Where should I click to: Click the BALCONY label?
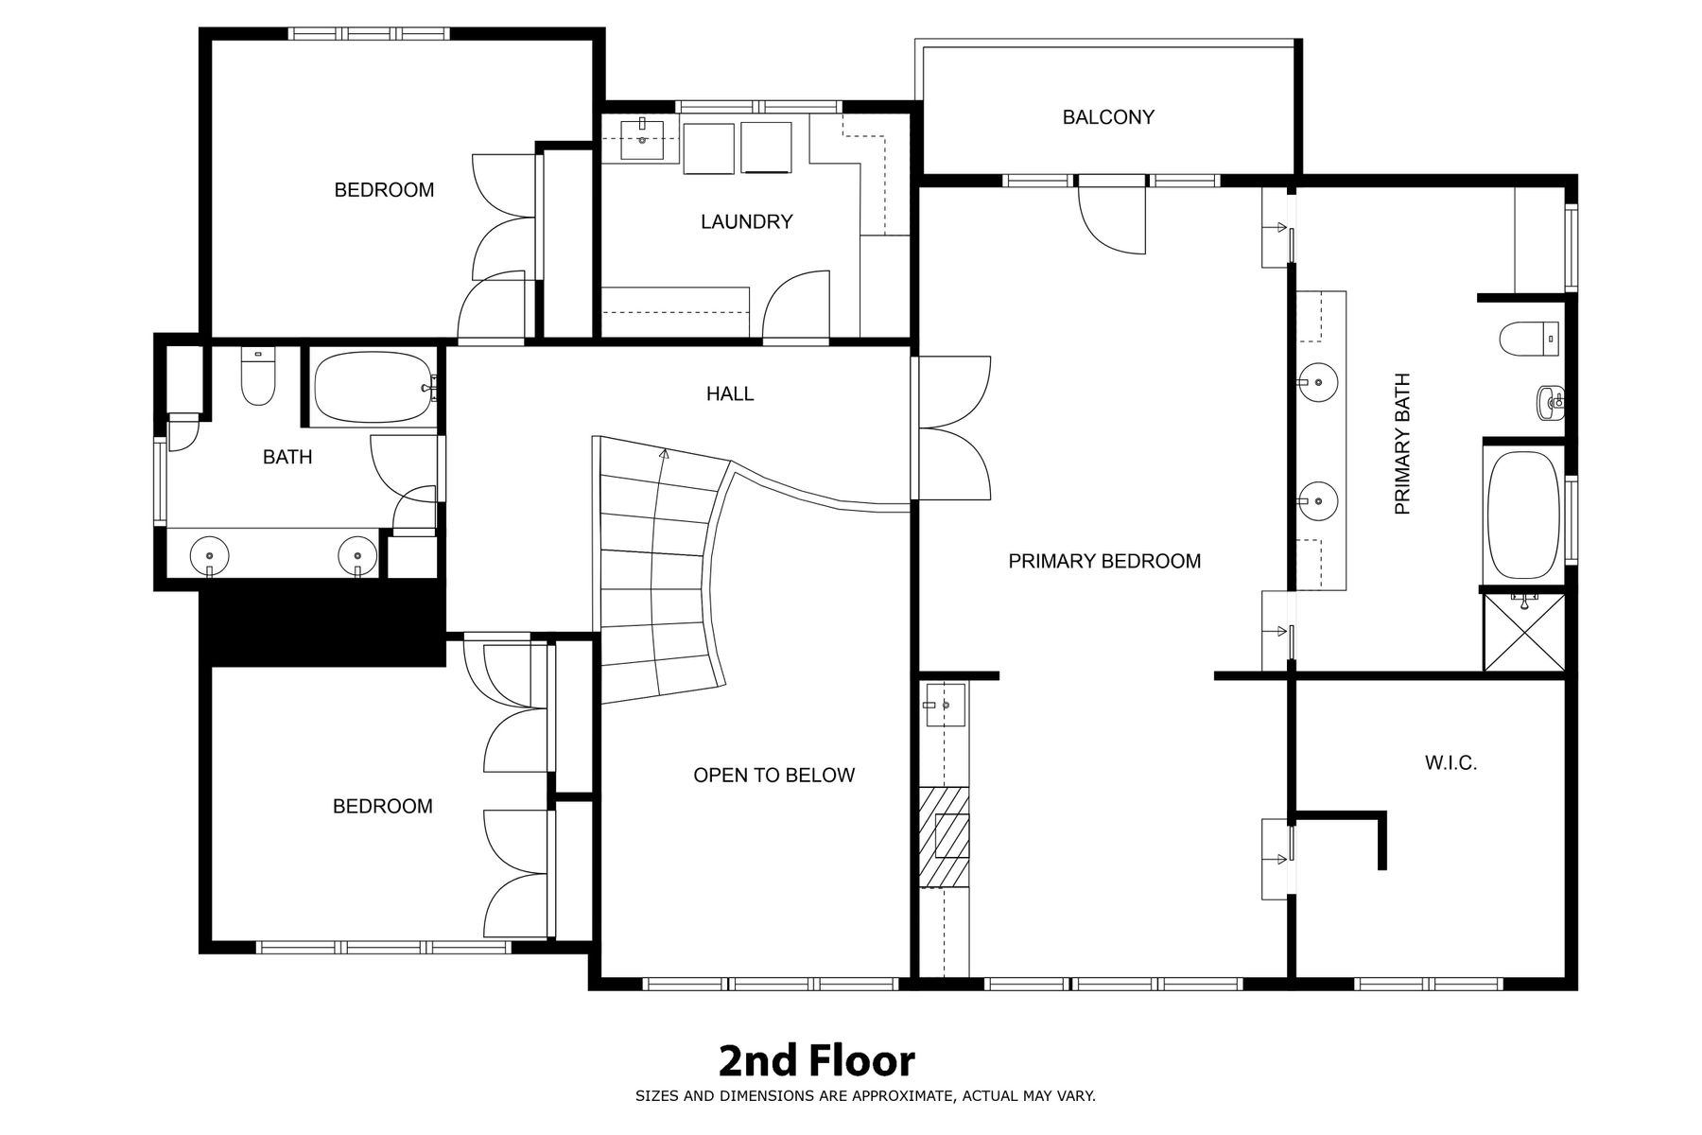(1108, 117)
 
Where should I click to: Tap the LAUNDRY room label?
(746, 221)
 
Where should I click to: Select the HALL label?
(730, 393)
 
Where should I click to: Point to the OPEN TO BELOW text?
(773, 776)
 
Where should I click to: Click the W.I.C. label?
(1450, 762)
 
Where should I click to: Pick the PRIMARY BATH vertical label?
(1402, 444)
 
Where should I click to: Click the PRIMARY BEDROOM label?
(1104, 561)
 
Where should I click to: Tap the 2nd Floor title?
(817, 1061)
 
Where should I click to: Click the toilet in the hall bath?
(257, 376)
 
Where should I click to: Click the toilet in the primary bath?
(1529, 340)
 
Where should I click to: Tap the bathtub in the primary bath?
(1523, 515)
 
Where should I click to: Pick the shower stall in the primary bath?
(1524, 632)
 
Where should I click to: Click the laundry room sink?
(642, 140)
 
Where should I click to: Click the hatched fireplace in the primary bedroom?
(946, 836)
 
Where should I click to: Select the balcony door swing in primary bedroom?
(1113, 220)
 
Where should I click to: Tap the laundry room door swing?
(797, 303)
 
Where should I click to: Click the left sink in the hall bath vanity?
(209, 555)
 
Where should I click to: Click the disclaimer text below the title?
(865, 1096)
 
